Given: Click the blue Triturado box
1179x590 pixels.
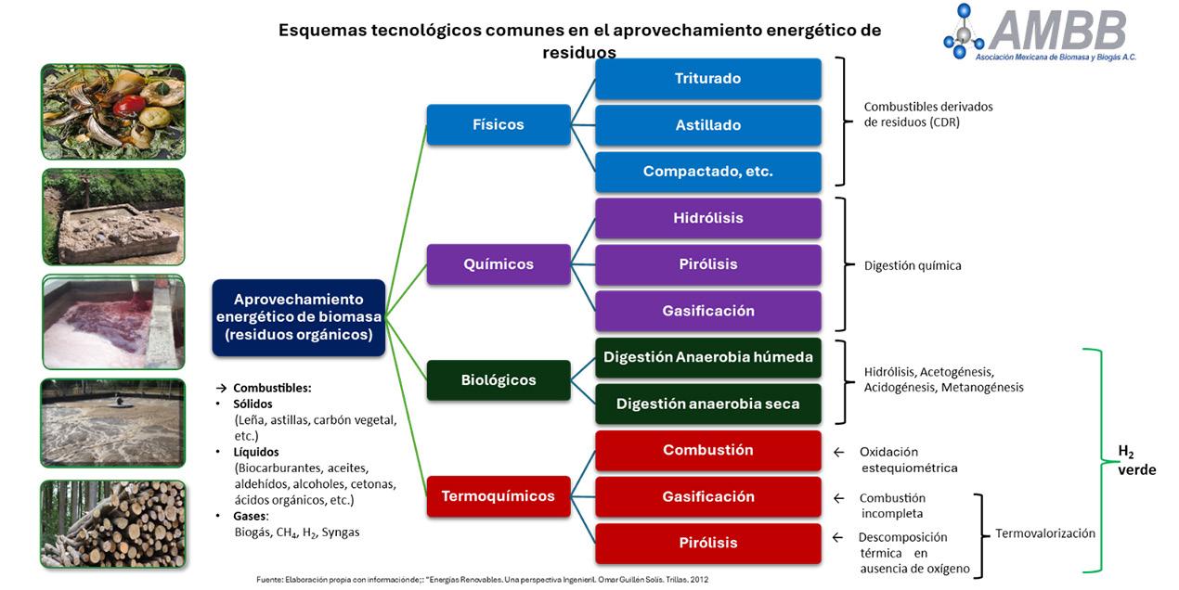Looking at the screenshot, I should pyautogui.click(x=707, y=79).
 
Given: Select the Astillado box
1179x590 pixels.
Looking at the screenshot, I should pyautogui.click(x=707, y=125).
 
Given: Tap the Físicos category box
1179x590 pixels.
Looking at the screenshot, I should pyautogui.click(x=499, y=124).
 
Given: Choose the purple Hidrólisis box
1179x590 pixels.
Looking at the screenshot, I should pyautogui.click(x=707, y=218).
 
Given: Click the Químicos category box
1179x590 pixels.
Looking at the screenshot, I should pyautogui.click(x=499, y=264).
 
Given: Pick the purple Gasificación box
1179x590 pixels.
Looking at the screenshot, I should pyautogui.click(x=707, y=311).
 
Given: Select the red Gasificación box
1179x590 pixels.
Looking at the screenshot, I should pyautogui.click(x=707, y=496).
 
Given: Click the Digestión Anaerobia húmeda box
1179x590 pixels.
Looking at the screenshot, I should pyautogui.click(x=707, y=357).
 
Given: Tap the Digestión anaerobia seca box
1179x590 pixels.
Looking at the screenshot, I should pyautogui.click(x=707, y=404).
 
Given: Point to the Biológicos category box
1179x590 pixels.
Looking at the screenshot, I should pyautogui.click(x=499, y=379).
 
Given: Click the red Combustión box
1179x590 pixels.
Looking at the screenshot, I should pyautogui.click(x=707, y=450).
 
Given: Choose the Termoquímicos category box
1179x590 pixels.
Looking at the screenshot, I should pyautogui.click(x=499, y=496).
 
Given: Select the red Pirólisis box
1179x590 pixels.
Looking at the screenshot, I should pyautogui.click(x=707, y=543).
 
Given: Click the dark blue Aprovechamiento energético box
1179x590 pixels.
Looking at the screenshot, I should pyautogui.click(x=298, y=317).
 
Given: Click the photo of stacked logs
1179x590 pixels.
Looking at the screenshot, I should pyautogui.click(x=112, y=523).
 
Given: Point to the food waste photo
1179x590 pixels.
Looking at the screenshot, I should pyautogui.click(x=112, y=111).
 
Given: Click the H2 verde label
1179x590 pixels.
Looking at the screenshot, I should pyautogui.click(x=1135, y=460).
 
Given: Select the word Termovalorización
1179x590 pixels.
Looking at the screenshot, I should pyautogui.click(x=1045, y=533).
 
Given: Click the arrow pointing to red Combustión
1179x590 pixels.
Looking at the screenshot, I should pyautogui.click(x=838, y=453).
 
